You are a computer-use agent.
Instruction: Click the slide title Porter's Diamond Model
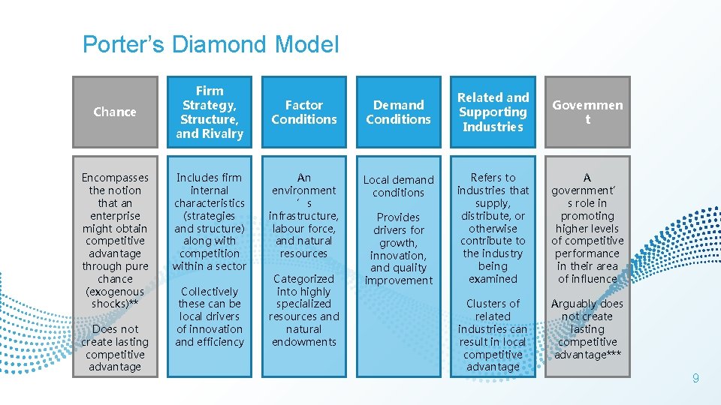pos(210,45)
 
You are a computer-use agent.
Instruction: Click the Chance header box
pos(115,112)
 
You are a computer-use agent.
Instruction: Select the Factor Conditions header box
pos(304,112)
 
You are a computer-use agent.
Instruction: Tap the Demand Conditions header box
pos(399,112)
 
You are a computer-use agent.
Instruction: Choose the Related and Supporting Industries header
pos(493,112)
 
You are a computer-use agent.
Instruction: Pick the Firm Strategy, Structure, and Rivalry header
pos(210,112)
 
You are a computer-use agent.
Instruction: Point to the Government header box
pos(587,112)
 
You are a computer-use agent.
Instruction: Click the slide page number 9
pos(695,379)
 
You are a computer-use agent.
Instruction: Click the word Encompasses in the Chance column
pos(115,178)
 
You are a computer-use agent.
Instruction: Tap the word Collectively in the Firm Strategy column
pos(209,291)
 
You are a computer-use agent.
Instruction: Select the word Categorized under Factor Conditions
pos(303,279)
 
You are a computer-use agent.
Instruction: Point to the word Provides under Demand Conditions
pos(399,217)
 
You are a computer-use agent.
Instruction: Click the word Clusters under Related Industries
pos(493,304)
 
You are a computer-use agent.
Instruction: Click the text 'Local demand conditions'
pos(399,186)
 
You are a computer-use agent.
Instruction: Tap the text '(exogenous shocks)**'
pos(115,298)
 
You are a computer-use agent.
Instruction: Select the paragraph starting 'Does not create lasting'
pos(115,348)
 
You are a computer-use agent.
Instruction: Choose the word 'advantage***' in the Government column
pos(587,355)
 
